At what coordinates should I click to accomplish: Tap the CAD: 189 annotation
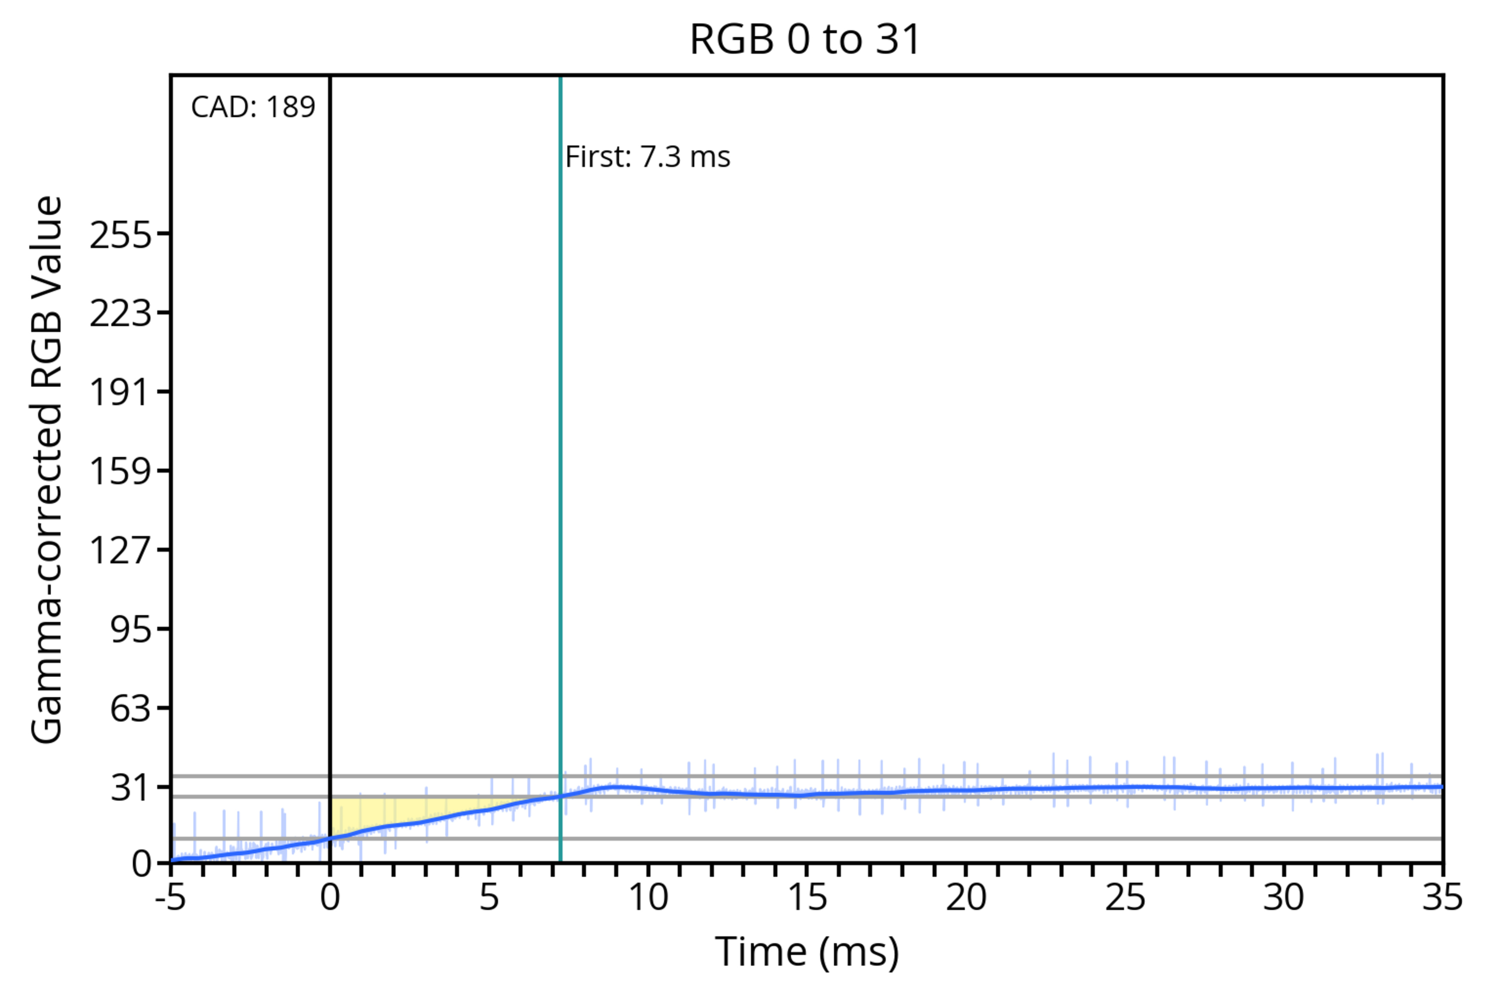[252, 107]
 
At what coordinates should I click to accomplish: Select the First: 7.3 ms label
[647, 157]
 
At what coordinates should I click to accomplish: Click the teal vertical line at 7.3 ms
[561, 443]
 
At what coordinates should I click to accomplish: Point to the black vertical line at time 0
[330, 443]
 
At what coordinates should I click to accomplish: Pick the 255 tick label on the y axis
[121, 236]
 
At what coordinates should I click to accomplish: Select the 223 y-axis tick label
[121, 314]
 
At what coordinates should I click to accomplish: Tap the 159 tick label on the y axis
[121, 471]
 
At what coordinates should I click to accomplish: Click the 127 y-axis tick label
[121, 550]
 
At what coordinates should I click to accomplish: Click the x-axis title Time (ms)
[807, 952]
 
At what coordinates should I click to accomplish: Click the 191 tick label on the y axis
[121, 392]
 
